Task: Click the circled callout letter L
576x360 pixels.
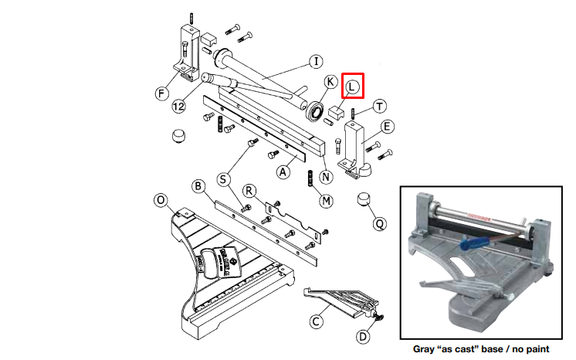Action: (352, 87)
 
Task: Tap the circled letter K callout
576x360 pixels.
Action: (330, 82)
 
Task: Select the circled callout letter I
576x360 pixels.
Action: (316, 61)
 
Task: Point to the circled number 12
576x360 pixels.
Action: (178, 107)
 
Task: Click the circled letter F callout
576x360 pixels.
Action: (161, 93)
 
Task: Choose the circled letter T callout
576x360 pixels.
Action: (379, 107)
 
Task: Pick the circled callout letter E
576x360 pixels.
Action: (387, 127)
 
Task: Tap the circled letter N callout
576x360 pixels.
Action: (326, 177)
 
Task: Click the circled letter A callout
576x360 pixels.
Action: (283, 172)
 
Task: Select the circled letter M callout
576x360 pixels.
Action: (326, 201)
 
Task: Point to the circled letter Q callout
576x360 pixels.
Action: (379, 223)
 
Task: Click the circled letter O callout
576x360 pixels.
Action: (161, 200)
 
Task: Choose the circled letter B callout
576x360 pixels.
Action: (198, 186)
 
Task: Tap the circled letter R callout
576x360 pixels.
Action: (249, 191)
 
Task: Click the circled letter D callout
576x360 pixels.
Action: (363, 337)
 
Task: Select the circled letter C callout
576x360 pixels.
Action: (316, 321)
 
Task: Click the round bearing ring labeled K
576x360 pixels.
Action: (315, 111)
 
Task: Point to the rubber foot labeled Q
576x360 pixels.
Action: (364, 199)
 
